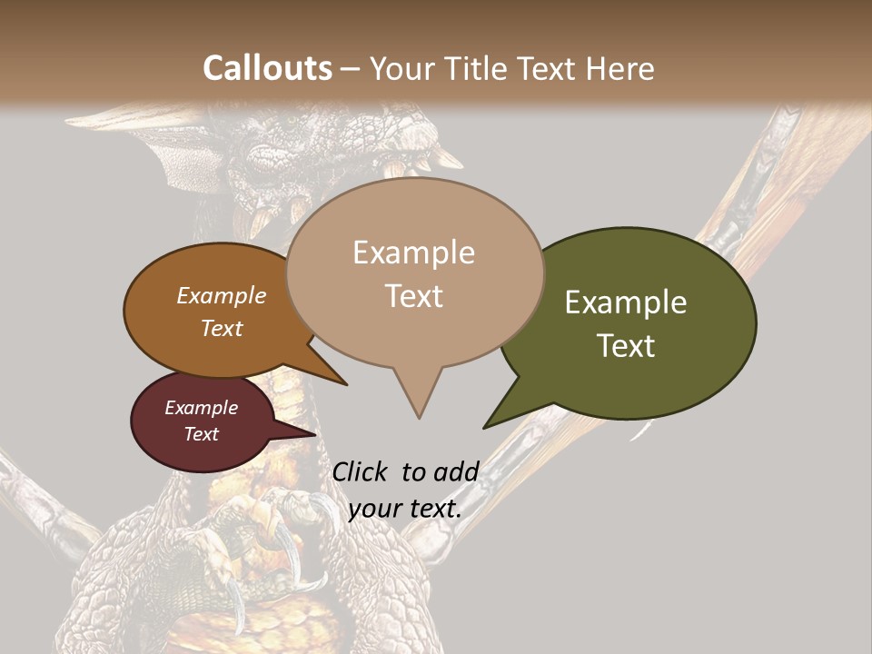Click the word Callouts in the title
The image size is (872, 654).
[267, 68]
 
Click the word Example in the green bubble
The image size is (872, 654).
[626, 302]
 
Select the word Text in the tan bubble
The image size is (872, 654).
[414, 296]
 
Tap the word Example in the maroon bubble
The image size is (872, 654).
[202, 408]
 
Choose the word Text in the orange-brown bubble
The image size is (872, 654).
[222, 328]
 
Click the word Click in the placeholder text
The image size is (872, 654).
[360, 472]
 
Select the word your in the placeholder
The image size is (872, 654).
[374, 508]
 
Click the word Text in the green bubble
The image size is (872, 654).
[627, 346]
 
